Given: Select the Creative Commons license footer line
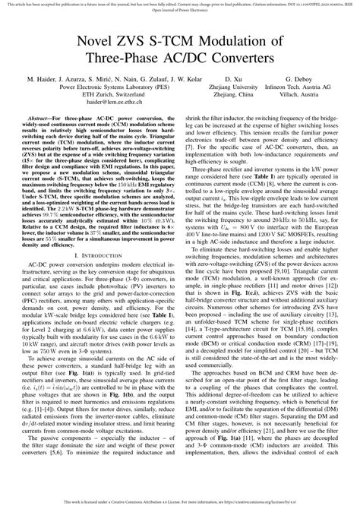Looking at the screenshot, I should coord(179,503).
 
